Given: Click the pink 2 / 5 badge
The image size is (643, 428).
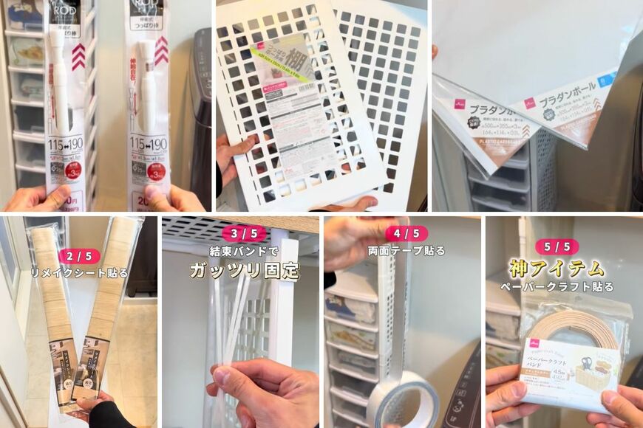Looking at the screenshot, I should [79, 256].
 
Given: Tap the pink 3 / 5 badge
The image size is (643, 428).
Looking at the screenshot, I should [243, 234].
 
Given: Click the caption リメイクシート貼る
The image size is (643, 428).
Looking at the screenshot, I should [79, 273].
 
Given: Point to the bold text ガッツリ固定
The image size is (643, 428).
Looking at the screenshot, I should [244, 270].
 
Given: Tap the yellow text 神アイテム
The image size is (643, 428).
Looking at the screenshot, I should [557, 267].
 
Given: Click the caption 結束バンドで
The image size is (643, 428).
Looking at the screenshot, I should [243, 251].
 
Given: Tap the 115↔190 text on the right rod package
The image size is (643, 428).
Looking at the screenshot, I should [148, 140].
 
